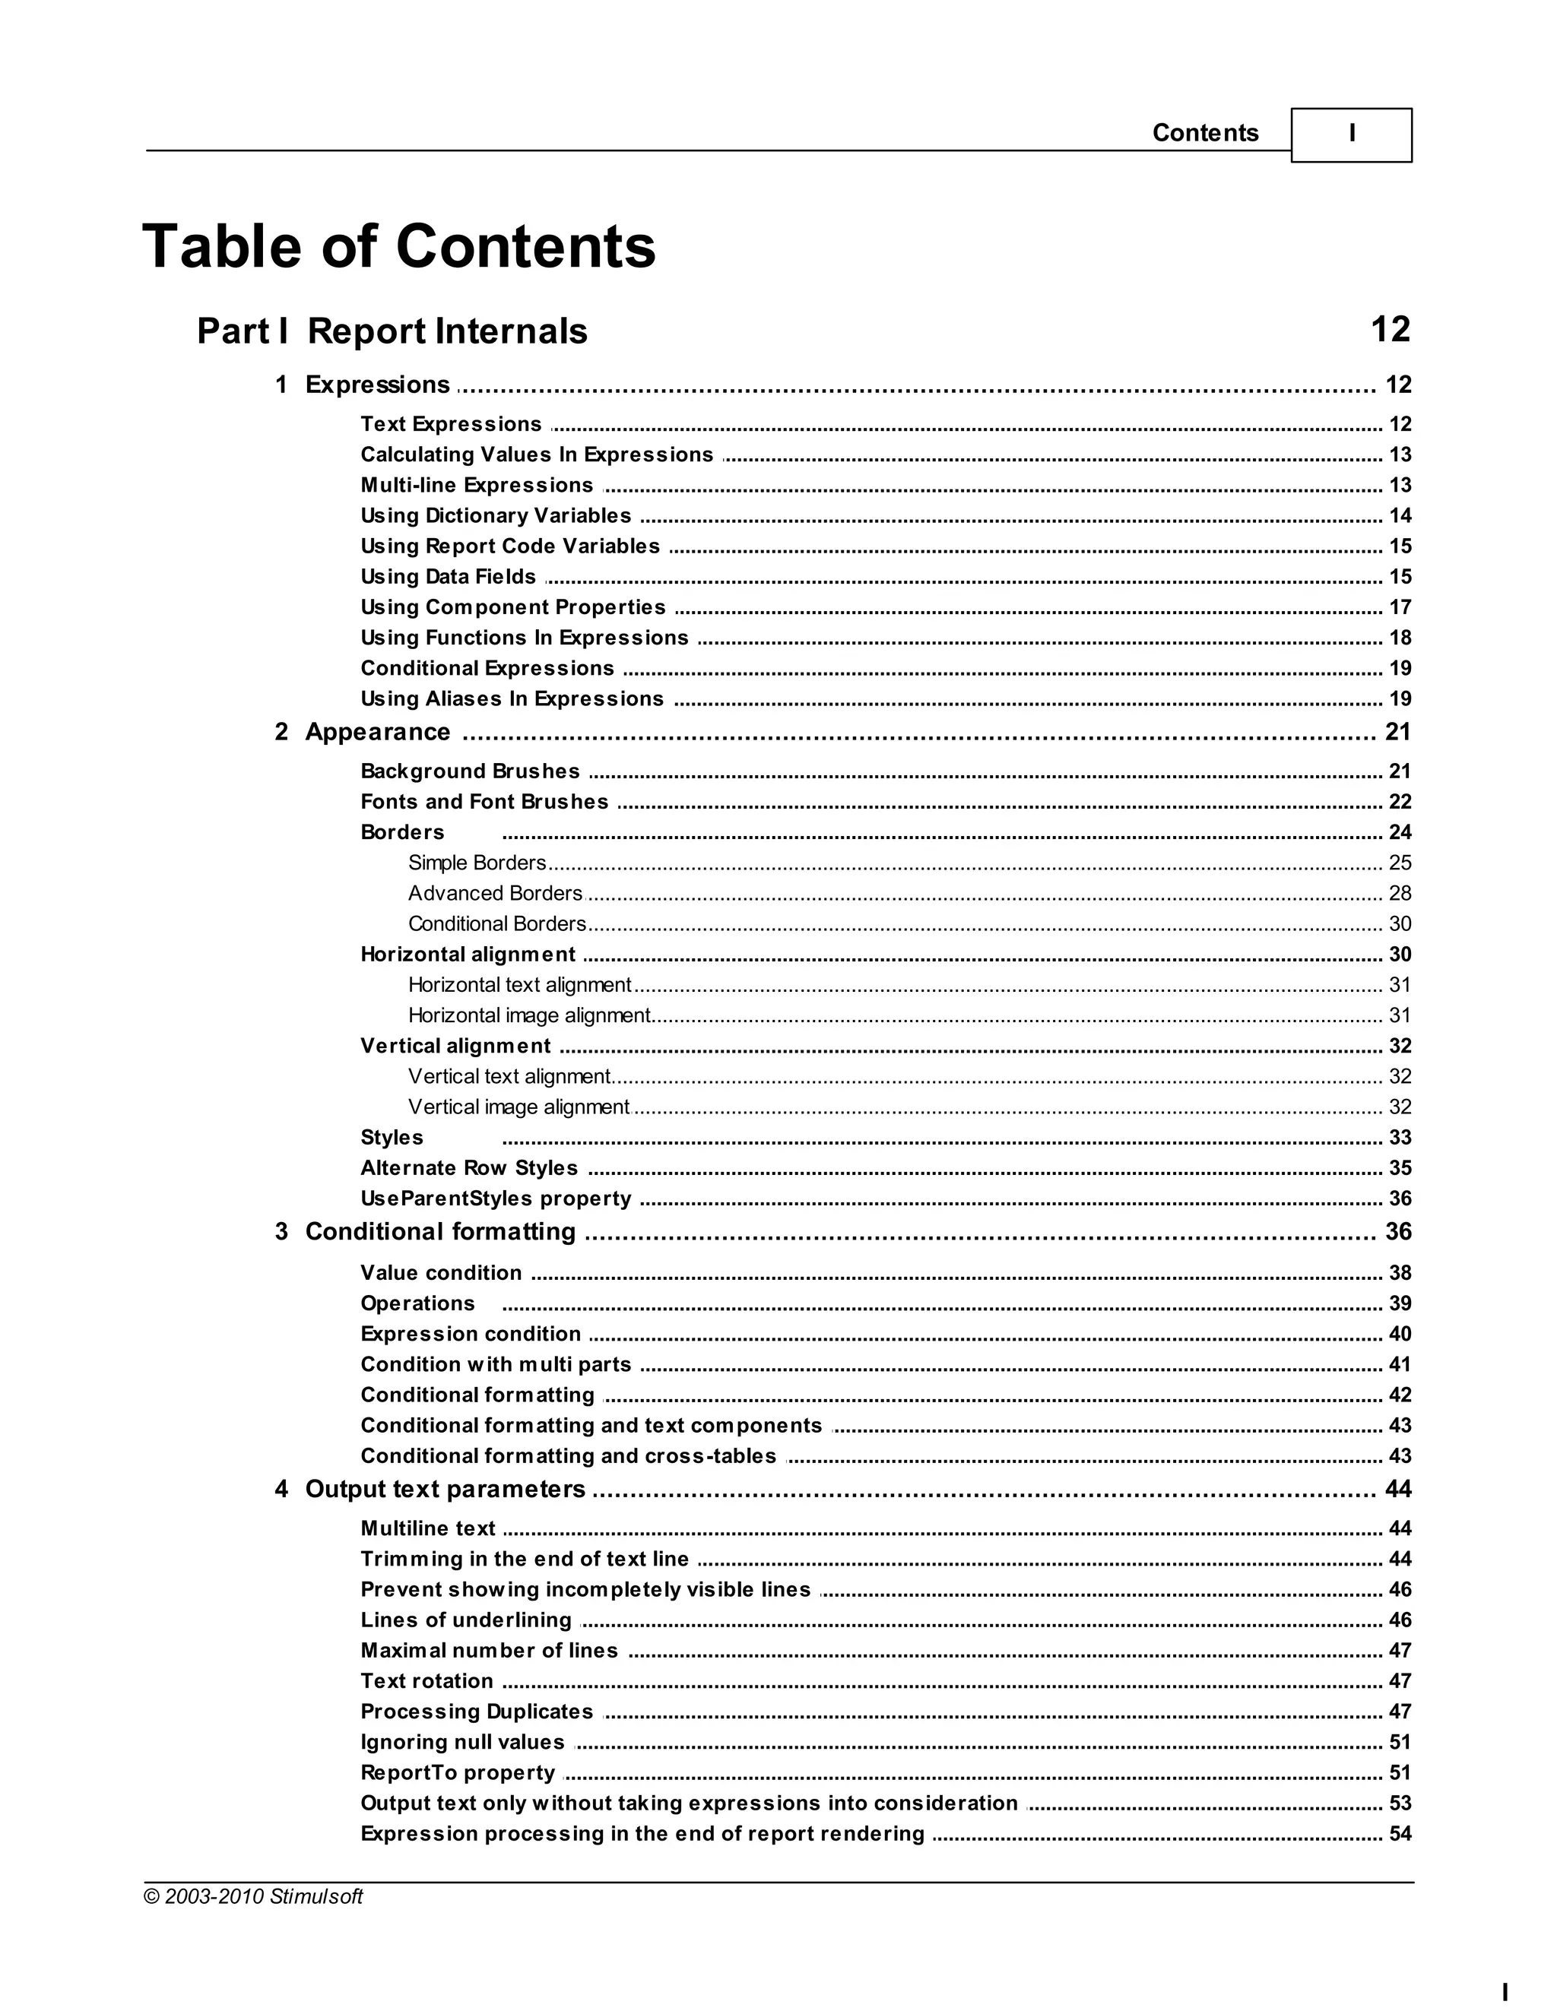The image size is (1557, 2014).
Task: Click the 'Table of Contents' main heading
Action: (x=398, y=247)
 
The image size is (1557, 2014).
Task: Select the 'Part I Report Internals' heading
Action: (x=392, y=331)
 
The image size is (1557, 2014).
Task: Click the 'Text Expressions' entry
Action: (x=451, y=424)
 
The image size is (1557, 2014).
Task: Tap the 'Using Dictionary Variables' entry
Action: (x=496, y=515)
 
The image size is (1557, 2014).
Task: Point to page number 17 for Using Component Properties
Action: (x=1400, y=606)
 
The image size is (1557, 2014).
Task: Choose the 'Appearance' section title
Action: (x=377, y=732)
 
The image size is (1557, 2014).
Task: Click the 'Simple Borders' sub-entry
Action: (x=477, y=863)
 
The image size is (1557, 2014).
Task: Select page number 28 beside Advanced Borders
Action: (x=1400, y=894)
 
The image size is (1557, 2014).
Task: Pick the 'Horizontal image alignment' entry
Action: (x=529, y=1015)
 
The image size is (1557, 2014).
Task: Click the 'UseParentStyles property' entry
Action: (x=496, y=1199)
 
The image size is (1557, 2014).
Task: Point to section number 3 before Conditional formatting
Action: (x=281, y=1232)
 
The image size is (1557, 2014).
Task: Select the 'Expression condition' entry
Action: (x=471, y=1335)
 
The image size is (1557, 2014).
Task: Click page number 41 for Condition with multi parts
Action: (x=1400, y=1365)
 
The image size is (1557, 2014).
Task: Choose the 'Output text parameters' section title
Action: (x=445, y=1490)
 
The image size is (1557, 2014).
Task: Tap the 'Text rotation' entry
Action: (x=427, y=1681)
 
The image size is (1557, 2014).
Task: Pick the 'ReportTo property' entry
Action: (x=458, y=1772)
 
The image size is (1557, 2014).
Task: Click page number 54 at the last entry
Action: (x=1400, y=1833)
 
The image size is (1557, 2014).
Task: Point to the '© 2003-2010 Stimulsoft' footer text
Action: (x=254, y=1897)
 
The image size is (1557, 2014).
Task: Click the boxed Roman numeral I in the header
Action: (x=1351, y=135)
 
